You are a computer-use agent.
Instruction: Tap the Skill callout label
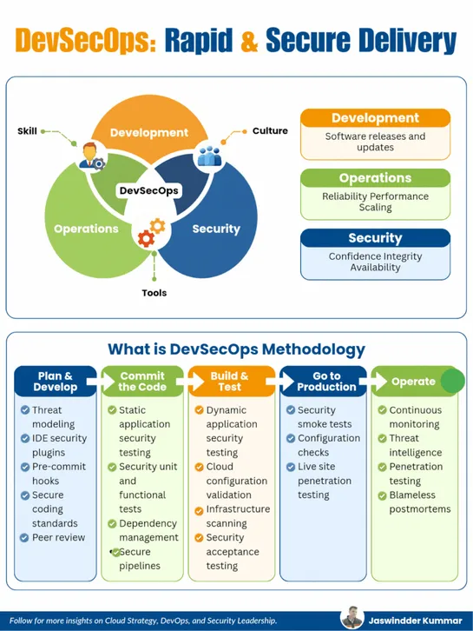[27, 131]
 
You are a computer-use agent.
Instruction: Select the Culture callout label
[270, 131]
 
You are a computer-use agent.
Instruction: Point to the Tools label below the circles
[154, 293]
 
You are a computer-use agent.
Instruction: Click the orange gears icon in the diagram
[150, 232]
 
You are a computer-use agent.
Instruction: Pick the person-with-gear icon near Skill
[90, 157]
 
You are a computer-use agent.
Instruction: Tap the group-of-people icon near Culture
[210, 156]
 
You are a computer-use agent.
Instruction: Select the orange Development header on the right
[375, 118]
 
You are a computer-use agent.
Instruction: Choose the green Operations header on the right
[375, 178]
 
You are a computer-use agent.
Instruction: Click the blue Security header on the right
[375, 238]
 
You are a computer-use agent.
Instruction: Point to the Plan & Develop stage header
[56, 382]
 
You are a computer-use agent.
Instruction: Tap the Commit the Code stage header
[141, 382]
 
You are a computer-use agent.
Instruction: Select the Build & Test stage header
[230, 382]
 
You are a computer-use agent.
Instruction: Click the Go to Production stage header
[320, 382]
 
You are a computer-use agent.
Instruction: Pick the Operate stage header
[413, 382]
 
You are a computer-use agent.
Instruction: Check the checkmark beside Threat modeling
[24, 410]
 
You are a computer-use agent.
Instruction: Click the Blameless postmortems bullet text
[413, 501]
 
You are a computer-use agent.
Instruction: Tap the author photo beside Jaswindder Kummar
[351, 618]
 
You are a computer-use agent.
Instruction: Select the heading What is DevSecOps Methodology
[236, 349]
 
